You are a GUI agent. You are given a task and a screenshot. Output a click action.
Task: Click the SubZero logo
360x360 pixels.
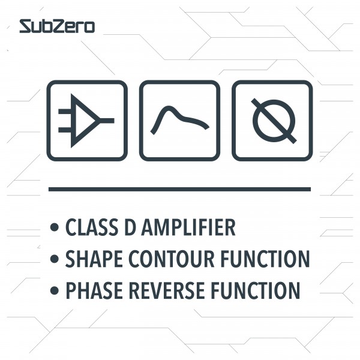(x=56, y=26)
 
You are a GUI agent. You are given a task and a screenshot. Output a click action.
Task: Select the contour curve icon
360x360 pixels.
(x=179, y=121)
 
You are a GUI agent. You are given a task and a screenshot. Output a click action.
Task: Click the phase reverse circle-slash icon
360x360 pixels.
(x=272, y=121)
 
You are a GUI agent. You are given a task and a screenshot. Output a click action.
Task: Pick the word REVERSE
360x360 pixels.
(x=162, y=290)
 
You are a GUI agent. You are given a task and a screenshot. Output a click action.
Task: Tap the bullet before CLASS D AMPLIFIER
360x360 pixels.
(x=55, y=229)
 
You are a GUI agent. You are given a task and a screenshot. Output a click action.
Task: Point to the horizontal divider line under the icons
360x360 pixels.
(x=179, y=189)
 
